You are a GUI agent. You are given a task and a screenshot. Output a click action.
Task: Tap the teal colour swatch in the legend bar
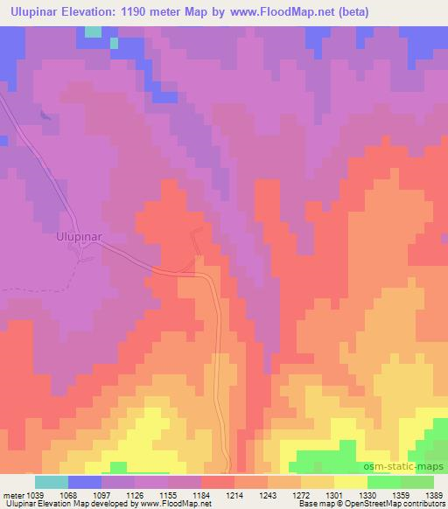(x=52, y=482)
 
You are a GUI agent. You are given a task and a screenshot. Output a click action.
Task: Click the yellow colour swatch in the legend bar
(x=350, y=482)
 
